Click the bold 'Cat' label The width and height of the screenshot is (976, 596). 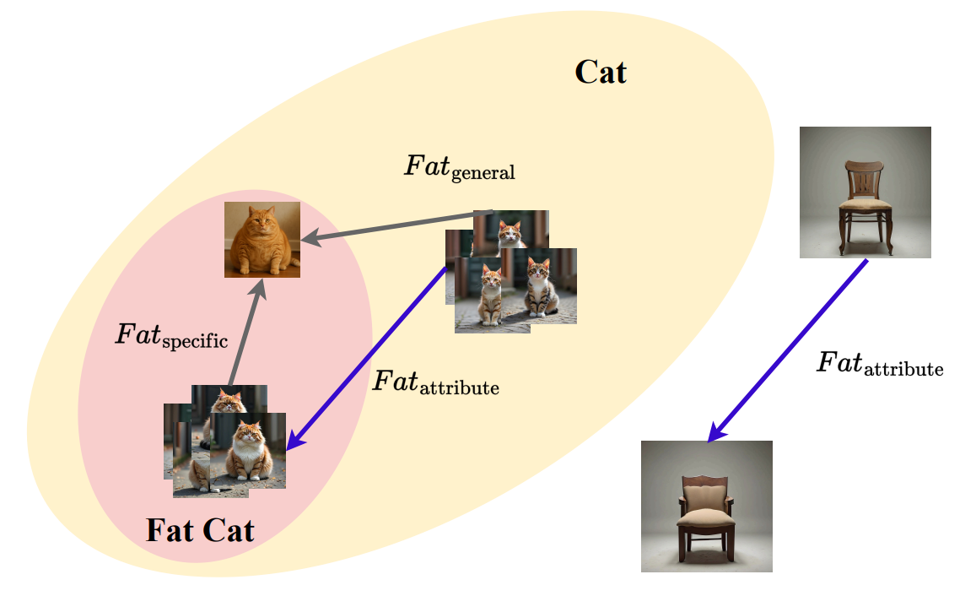point(600,73)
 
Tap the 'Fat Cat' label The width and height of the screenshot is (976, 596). point(200,531)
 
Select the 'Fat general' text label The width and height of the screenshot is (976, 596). point(460,168)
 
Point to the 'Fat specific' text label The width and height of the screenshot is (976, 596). point(171,336)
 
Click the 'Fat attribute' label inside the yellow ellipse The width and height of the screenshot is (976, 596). point(436,382)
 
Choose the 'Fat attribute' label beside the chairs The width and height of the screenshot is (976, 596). point(880,364)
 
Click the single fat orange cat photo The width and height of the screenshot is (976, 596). point(262,239)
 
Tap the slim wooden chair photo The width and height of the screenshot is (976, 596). point(865,192)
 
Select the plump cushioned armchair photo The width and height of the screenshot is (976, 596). point(706,507)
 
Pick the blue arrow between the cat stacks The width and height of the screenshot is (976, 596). point(367,357)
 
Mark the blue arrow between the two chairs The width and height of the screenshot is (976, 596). point(787,350)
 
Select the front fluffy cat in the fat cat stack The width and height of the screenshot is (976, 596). point(248,450)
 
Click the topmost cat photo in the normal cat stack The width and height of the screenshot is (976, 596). point(511,234)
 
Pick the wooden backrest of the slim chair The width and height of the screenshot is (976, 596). point(865,178)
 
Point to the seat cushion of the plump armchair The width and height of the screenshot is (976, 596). point(706,517)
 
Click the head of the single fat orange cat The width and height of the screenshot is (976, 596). point(262,219)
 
